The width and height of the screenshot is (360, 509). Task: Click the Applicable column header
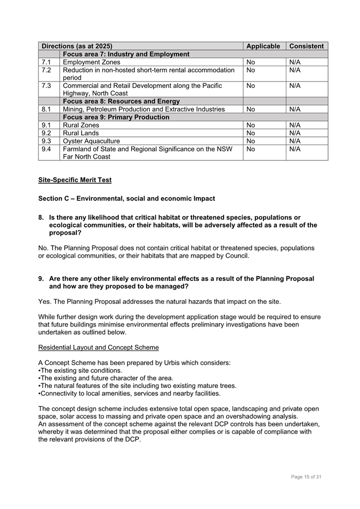pyautogui.click(x=263, y=46)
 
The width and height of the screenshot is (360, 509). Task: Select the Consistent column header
pyautogui.click(x=306, y=46)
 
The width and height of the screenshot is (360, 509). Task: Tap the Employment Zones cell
pyautogui.click(x=92, y=62)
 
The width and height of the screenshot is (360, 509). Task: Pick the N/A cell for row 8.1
pyautogui.click(x=295, y=109)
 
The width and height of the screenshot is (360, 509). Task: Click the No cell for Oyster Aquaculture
pyautogui.click(x=251, y=141)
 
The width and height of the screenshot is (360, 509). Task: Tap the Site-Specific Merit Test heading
pyautogui.click(x=75, y=180)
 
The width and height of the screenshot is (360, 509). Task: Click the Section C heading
pyautogui.click(x=126, y=199)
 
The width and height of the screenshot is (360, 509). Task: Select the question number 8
pyautogui.click(x=41, y=217)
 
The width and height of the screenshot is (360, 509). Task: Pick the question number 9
pyautogui.click(x=41, y=279)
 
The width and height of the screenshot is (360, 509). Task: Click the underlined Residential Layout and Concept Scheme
pyautogui.click(x=98, y=348)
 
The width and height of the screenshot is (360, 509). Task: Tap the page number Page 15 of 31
pyautogui.click(x=306, y=476)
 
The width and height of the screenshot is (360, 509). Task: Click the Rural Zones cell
pyautogui.click(x=81, y=125)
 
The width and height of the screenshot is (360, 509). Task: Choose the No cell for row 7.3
pyautogui.click(x=251, y=86)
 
